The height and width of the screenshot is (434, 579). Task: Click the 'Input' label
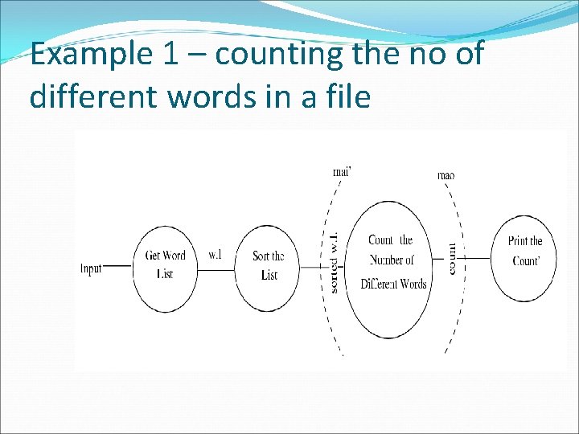pyautogui.click(x=91, y=268)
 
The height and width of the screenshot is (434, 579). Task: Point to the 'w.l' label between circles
pyautogui.click(x=215, y=255)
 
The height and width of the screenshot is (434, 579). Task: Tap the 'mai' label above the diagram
pyautogui.click(x=343, y=170)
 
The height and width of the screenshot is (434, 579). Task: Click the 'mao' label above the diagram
pyautogui.click(x=446, y=174)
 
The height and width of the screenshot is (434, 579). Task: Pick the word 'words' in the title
pyautogui.click(x=195, y=96)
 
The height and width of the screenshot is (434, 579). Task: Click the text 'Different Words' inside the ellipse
pyautogui.click(x=393, y=284)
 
